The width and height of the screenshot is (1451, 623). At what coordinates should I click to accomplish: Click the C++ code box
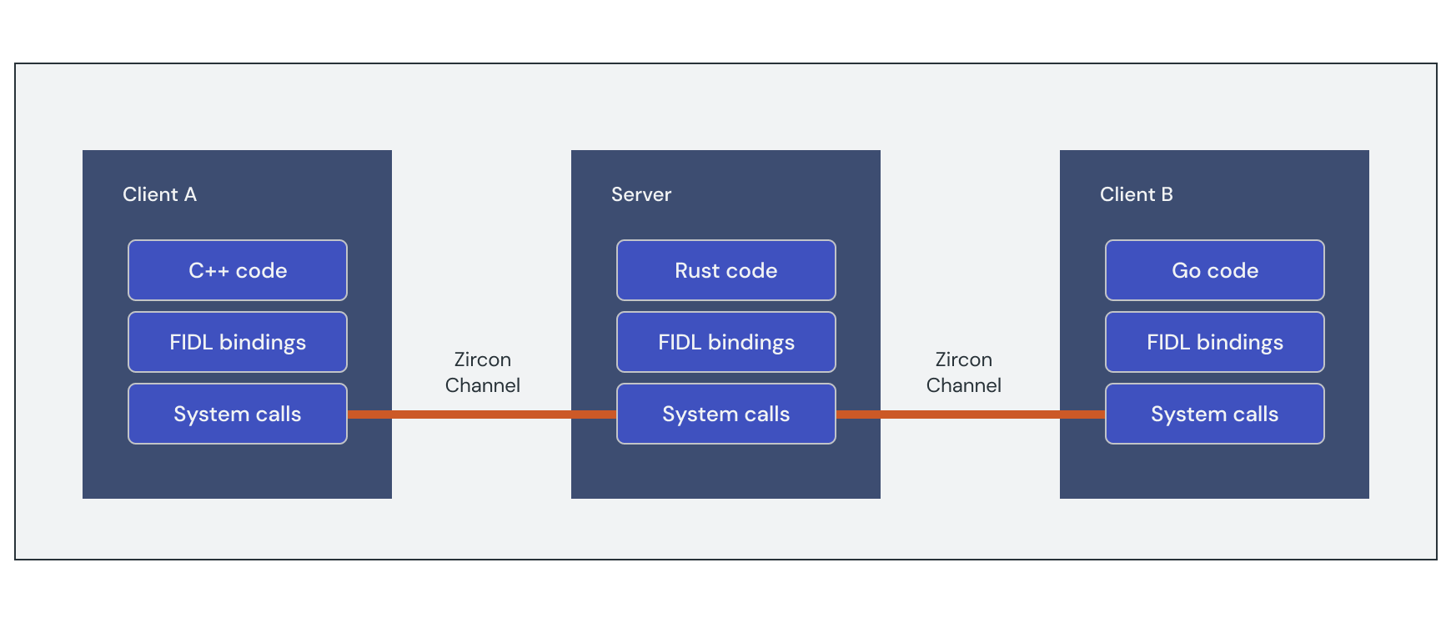[238, 270]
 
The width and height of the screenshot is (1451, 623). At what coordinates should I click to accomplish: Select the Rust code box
[725, 270]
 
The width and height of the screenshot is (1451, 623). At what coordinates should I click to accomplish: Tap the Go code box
[1214, 270]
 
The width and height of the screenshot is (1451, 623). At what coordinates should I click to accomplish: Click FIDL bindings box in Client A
[238, 342]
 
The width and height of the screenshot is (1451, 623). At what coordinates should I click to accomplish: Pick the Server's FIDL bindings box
[725, 342]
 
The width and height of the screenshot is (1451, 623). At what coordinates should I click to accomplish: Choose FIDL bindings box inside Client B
[1214, 342]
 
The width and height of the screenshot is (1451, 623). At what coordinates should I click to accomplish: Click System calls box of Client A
[238, 414]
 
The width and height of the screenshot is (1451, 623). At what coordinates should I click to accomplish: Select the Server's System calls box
[725, 414]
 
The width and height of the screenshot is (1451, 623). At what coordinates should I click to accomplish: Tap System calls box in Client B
[1214, 414]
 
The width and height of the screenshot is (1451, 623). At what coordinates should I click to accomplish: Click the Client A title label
[159, 194]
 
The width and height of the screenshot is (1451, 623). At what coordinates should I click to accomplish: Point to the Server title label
[640, 194]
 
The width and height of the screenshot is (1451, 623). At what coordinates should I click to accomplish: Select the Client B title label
[1136, 194]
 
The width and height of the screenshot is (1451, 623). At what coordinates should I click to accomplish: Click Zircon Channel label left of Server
[482, 372]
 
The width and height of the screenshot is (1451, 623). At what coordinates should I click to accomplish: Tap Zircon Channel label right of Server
[963, 372]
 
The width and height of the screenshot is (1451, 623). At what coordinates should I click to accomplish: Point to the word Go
[1186, 270]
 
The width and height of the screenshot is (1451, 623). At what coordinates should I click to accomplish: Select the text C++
[208, 270]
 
